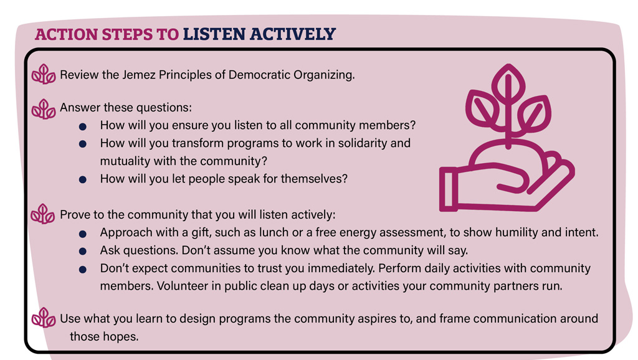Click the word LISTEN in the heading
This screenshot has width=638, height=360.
214,34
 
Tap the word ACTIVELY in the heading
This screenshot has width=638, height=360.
293,34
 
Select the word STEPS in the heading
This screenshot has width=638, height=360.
127,34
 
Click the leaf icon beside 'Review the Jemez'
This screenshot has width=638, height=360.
44,75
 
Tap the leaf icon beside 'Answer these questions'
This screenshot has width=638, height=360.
44,109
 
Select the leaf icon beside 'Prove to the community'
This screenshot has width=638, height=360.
43,214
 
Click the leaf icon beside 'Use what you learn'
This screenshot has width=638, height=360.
44,318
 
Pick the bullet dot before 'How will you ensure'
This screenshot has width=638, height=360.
83,126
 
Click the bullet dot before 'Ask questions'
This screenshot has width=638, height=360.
83,252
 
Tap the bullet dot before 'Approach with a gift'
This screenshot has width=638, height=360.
83,234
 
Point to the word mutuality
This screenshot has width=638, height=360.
125,161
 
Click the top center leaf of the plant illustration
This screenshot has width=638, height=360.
508,84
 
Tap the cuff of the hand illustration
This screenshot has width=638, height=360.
449,189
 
